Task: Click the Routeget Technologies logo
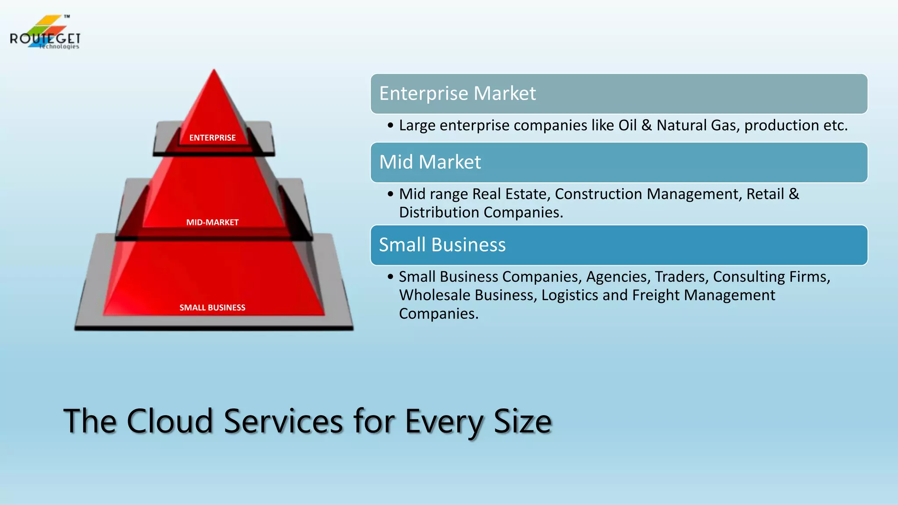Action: coord(45,33)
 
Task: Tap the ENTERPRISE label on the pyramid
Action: coord(212,138)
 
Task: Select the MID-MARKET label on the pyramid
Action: coord(212,222)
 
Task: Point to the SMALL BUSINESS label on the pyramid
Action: coord(212,307)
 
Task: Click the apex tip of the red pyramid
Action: coord(214,70)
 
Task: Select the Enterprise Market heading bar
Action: coord(619,94)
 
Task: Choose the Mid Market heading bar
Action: coord(619,162)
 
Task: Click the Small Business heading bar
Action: coord(619,245)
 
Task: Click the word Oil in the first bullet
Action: coord(627,125)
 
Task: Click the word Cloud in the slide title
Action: coord(170,421)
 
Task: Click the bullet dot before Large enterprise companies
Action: coord(391,126)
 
